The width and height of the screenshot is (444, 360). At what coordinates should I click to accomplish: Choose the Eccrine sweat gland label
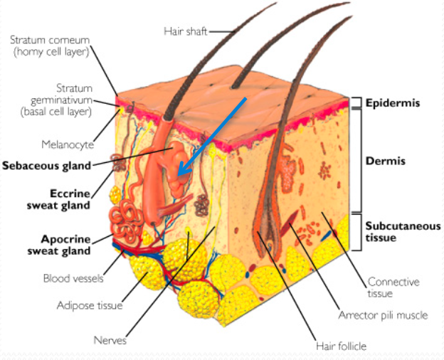tap(70, 198)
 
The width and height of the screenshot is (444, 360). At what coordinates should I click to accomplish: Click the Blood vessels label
tap(68, 278)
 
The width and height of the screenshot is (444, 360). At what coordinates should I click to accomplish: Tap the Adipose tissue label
tap(90, 305)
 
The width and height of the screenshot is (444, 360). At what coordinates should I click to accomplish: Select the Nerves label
tap(110, 340)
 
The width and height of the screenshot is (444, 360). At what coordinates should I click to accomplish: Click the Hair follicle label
tap(341, 346)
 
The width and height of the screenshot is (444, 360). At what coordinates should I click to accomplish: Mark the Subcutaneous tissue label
tap(403, 231)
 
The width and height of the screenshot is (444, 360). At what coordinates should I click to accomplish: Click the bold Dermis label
tap(385, 161)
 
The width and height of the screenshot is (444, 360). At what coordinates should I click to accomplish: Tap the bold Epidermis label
tap(392, 103)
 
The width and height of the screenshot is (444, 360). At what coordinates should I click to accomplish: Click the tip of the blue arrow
tap(179, 175)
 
